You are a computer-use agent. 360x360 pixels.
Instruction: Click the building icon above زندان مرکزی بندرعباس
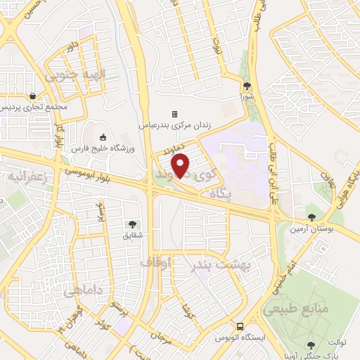pos(174,114)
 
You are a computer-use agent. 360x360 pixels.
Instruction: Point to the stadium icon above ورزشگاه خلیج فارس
pos(103,137)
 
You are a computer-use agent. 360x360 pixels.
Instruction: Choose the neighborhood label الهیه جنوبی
pos(70,75)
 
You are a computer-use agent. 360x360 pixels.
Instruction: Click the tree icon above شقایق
pos(131,224)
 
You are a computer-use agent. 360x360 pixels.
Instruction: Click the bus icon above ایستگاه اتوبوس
pos(240,327)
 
